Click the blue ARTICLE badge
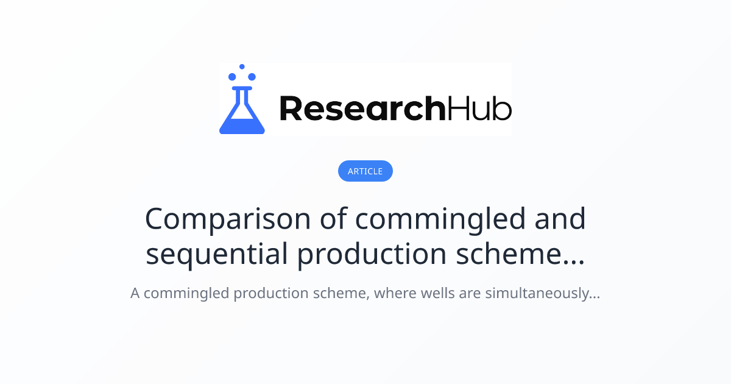click(365, 171)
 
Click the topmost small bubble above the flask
click(242, 66)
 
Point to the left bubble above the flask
click(232, 77)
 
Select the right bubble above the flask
click(252, 77)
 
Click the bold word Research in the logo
click(362, 108)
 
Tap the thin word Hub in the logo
click(479, 108)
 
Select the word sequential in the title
click(217, 254)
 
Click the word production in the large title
click(372, 254)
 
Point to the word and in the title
click(560, 219)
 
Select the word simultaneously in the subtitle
click(542, 294)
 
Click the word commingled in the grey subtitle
click(186, 294)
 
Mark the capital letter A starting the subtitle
click(135, 293)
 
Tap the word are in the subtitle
click(470, 294)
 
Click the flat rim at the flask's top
click(242, 88)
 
